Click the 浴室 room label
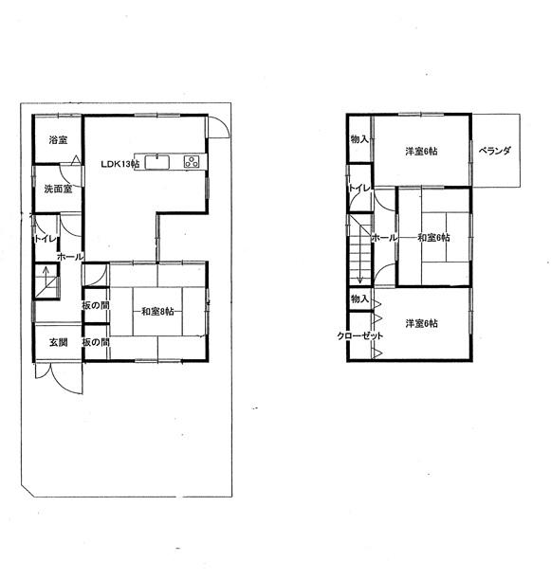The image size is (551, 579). click(58, 140)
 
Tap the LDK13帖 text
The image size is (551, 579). click(120, 164)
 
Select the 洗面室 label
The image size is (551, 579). click(58, 190)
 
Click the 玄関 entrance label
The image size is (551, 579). click(59, 342)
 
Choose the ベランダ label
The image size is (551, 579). click(495, 151)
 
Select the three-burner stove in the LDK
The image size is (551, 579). click(193, 162)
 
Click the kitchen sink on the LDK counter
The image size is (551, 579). click(156, 160)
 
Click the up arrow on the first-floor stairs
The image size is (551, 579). click(45, 281)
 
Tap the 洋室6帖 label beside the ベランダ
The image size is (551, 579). click(421, 151)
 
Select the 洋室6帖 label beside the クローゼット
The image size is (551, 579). click(421, 324)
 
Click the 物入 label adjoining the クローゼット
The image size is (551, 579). click(359, 299)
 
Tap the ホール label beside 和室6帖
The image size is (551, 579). click(383, 238)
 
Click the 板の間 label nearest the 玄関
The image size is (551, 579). click(96, 342)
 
